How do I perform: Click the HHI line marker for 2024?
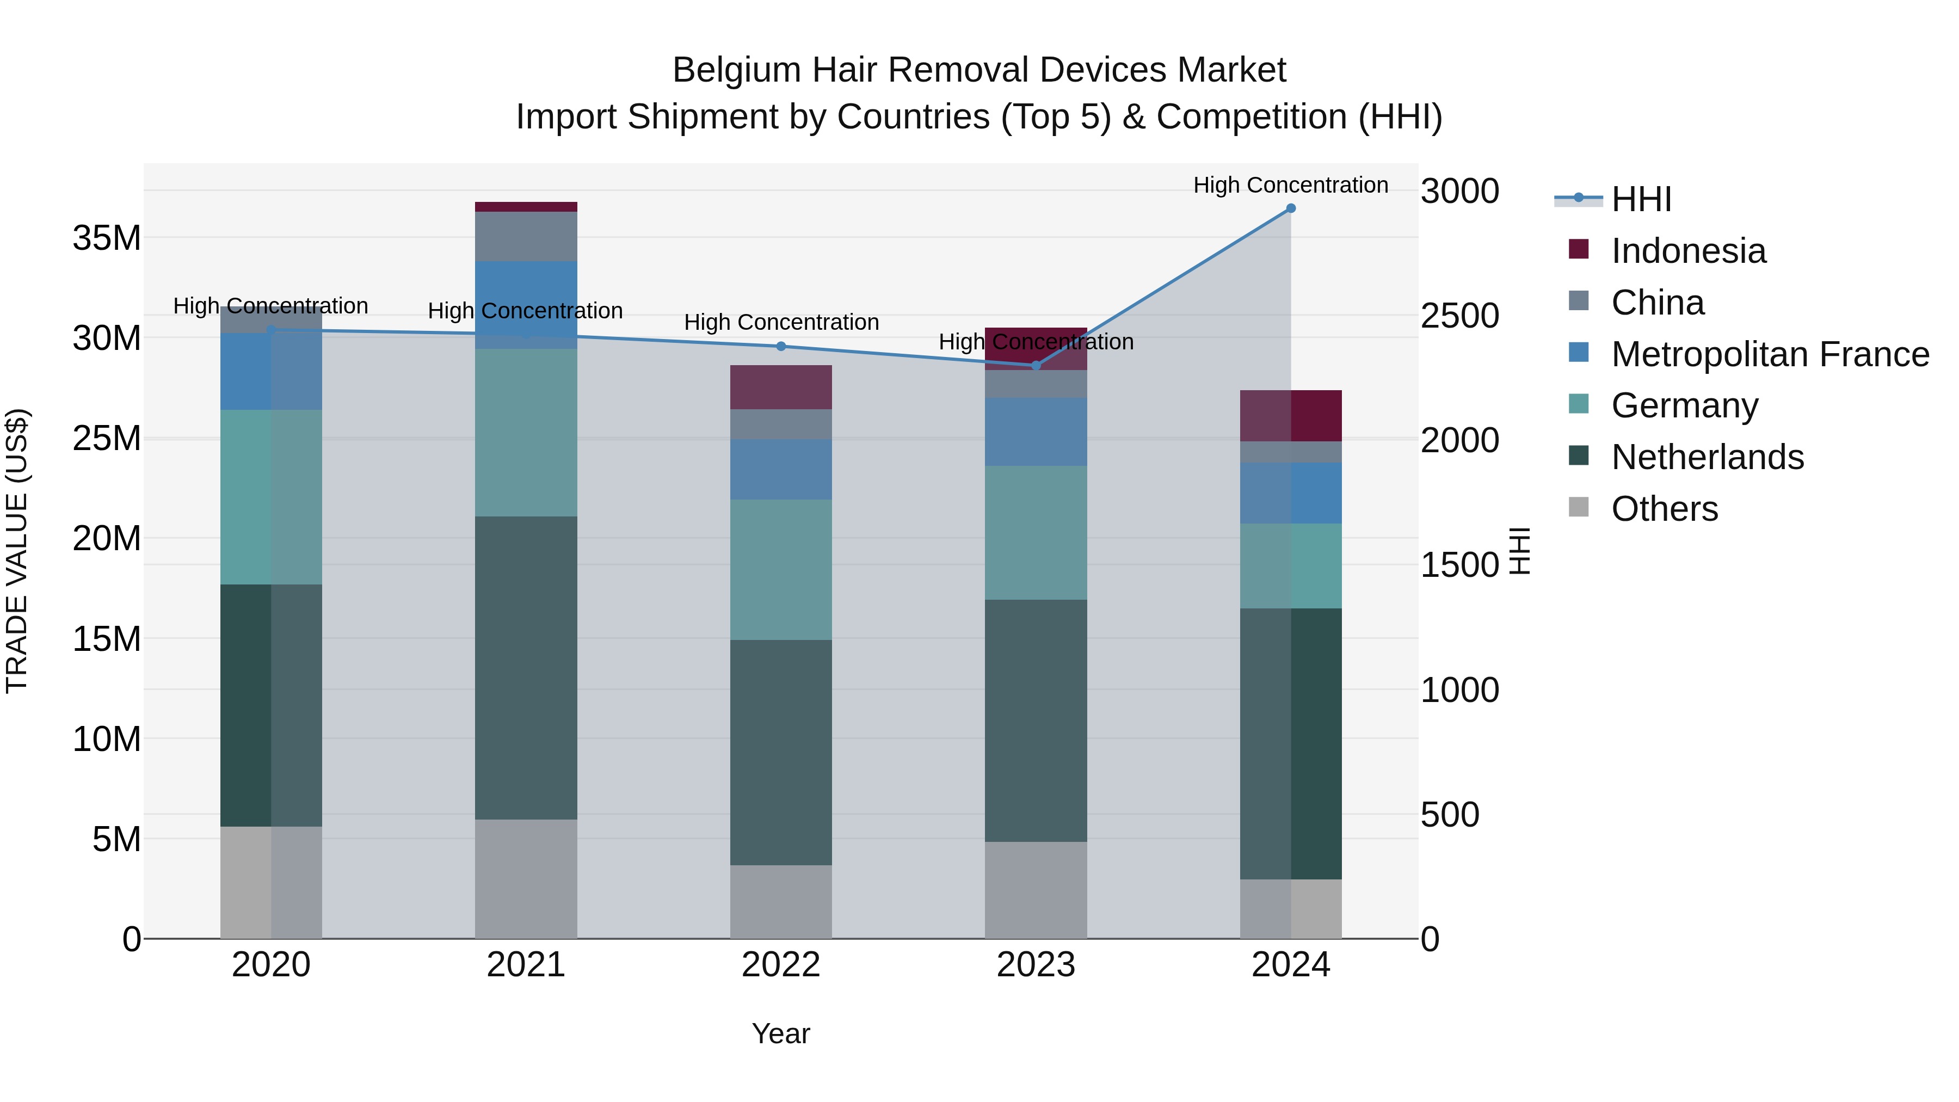[x=1291, y=208]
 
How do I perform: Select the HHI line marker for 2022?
[x=781, y=347]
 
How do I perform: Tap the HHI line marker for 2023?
[x=1036, y=366]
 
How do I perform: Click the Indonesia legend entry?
[x=1688, y=251]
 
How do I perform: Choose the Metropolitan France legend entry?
[x=1770, y=354]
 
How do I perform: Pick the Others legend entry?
[x=1664, y=509]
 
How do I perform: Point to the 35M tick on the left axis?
[x=107, y=238]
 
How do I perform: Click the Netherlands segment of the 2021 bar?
[x=526, y=668]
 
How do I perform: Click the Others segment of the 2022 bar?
[x=781, y=901]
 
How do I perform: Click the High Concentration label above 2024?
[x=1291, y=185]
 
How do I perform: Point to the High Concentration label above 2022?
[x=781, y=323]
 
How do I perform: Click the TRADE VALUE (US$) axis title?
[x=17, y=551]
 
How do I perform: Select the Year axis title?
[x=781, y=1033]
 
